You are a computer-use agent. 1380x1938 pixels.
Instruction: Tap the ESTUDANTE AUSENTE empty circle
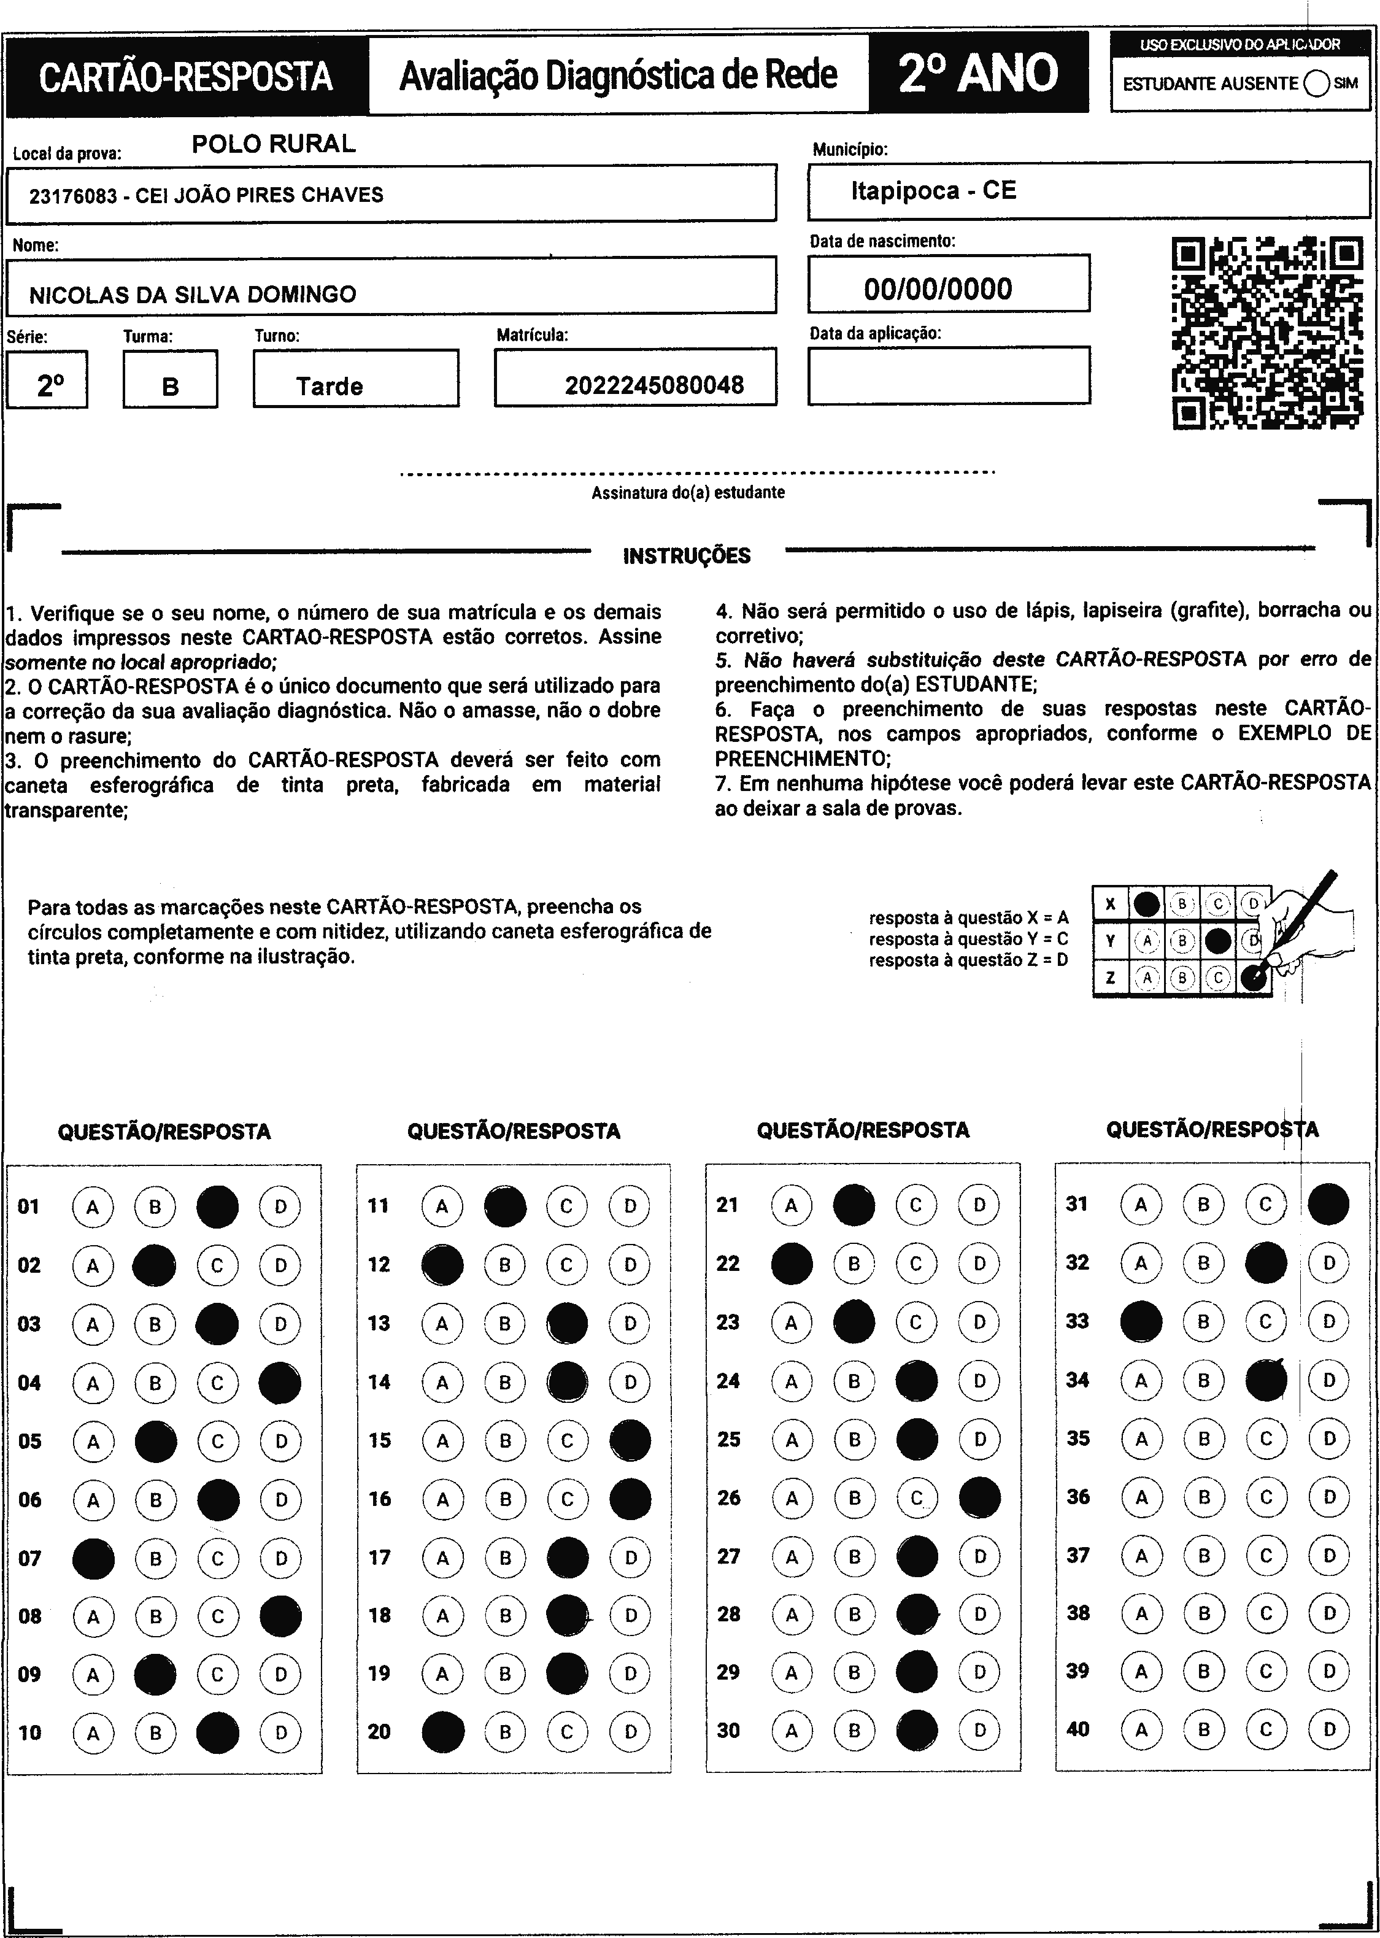(x=1316, y=83)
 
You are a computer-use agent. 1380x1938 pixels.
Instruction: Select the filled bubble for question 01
(x=218, y=1206)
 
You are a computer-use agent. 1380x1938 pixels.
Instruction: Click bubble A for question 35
(x=1141, y=1438)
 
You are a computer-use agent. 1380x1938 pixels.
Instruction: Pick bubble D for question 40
(x=1330, y=1728)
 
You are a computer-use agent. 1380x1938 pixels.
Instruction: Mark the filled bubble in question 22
(x=791, y=1264)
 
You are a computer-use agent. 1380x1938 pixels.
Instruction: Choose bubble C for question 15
(x=567, y=1440)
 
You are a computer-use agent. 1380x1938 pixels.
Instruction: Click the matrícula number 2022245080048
(x=653, y=386)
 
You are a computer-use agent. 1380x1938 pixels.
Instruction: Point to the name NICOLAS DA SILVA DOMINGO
(x=193, y=295)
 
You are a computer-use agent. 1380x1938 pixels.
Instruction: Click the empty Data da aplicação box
(x=948, y=375)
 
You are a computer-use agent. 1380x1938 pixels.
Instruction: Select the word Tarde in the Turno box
(x=330, y=387)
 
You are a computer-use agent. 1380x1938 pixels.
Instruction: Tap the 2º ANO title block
(x=978, y=74)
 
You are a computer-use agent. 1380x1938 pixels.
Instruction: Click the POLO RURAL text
(x=273, y=144)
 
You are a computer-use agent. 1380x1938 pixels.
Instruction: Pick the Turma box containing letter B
(x=170, y=379)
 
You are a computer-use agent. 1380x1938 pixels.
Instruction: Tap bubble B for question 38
(x=1204, y=1613)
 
